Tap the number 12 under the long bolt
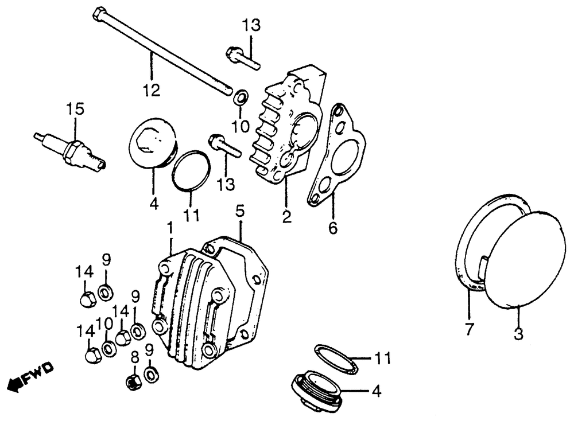point(152,91)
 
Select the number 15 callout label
point(75,108)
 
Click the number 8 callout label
point(135,358)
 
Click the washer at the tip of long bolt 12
point(241,96)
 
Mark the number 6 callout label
point(333,227)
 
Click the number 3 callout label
point(518,333)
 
